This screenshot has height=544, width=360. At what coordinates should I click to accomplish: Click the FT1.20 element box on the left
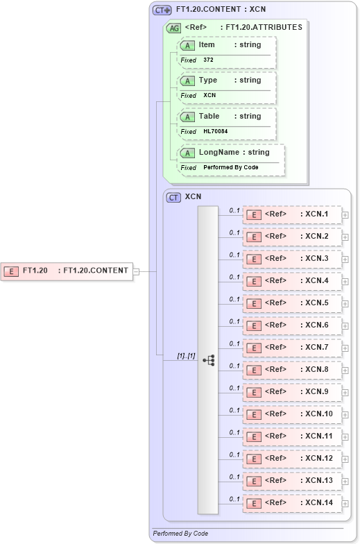(x=67, y=271)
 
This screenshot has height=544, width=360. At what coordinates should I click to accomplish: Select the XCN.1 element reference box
(x=292, y=215)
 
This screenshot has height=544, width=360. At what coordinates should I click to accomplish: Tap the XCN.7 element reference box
(x=292, y=348)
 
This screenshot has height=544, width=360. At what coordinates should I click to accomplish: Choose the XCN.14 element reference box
(x=292, y=503)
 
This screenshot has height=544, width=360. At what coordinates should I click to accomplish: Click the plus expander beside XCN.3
(x=345, y=260)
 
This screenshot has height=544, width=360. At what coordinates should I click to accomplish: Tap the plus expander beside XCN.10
(x=345, y=415)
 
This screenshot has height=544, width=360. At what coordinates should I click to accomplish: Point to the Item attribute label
(x=207, y=44)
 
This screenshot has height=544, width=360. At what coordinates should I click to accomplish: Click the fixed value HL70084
(x=215, y=131)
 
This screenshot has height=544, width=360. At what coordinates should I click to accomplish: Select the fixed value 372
(x=208, y=60)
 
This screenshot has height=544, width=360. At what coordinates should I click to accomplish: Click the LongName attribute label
(x=218, y=152)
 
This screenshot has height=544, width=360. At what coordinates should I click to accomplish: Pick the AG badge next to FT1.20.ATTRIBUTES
(x=173, y=28)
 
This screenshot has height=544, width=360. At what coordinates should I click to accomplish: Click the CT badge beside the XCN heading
(x=173, y=197)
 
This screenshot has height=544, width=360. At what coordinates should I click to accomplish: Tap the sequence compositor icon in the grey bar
(x=208, y=359)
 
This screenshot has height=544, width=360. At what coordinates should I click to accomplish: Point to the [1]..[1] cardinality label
(x=186, y=356)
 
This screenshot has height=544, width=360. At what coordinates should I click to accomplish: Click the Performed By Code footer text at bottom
(x=180, y=533)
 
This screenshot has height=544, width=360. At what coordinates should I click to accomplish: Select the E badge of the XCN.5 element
(x=255, y=304)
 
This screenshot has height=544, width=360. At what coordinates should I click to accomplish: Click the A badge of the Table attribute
(x=187, y=117)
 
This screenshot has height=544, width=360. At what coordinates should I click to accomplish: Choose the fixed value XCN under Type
(x=209, y=95)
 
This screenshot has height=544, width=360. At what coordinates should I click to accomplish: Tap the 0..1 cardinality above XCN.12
(x=234, y=454)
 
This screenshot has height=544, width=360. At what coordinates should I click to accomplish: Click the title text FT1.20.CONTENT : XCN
(x=221, y=10)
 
